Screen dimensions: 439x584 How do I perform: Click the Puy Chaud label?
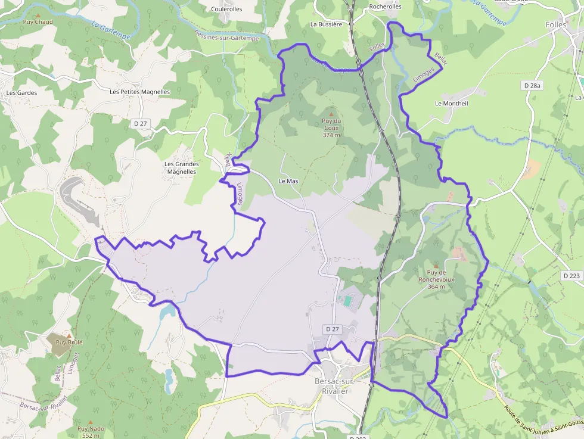click(x=38, y=22)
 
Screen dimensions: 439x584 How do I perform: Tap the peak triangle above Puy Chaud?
click(x=38, y=15)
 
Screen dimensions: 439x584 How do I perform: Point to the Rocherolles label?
click(x=386, y=7)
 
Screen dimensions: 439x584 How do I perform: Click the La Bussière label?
click(x=326, y=24)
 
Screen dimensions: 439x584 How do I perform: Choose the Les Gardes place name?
click(x=21, y=93)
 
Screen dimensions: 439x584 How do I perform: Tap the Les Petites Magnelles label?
click(x=140, y=92)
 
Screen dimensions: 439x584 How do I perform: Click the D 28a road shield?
click(x=532, y=86)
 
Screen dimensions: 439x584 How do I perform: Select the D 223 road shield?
click(x=571, y=276)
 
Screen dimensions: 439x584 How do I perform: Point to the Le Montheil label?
click(x=451, y=103)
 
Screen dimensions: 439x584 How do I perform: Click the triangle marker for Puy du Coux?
click(x=332, y=114)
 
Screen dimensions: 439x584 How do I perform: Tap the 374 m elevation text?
click(x=331, y=135)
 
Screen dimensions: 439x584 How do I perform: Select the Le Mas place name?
click(x=288, y=180)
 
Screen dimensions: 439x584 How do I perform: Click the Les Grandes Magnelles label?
click(x=181, y=167)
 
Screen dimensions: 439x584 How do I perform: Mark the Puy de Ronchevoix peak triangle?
click(x=436, y=266)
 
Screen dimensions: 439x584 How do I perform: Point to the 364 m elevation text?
click(x=436, y=287)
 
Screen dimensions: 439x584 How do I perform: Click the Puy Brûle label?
click(x=69, y=343)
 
